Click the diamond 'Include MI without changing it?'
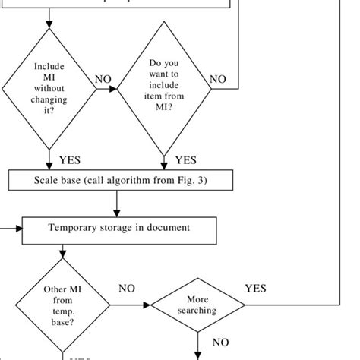tap(50, 88)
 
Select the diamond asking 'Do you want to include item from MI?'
tap(163, 88)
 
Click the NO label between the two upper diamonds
tap(103, 79)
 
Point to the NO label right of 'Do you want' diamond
tap(218, 79)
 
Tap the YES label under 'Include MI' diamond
tap(70, 160)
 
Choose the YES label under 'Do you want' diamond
tap(185, 160)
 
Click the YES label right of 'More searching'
tap(255, 289)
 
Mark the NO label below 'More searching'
tap(220, 343)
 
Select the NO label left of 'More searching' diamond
tap(127, 289)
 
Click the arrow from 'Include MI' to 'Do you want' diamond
tap(108, 89)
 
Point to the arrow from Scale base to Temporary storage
tap(117, 204)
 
